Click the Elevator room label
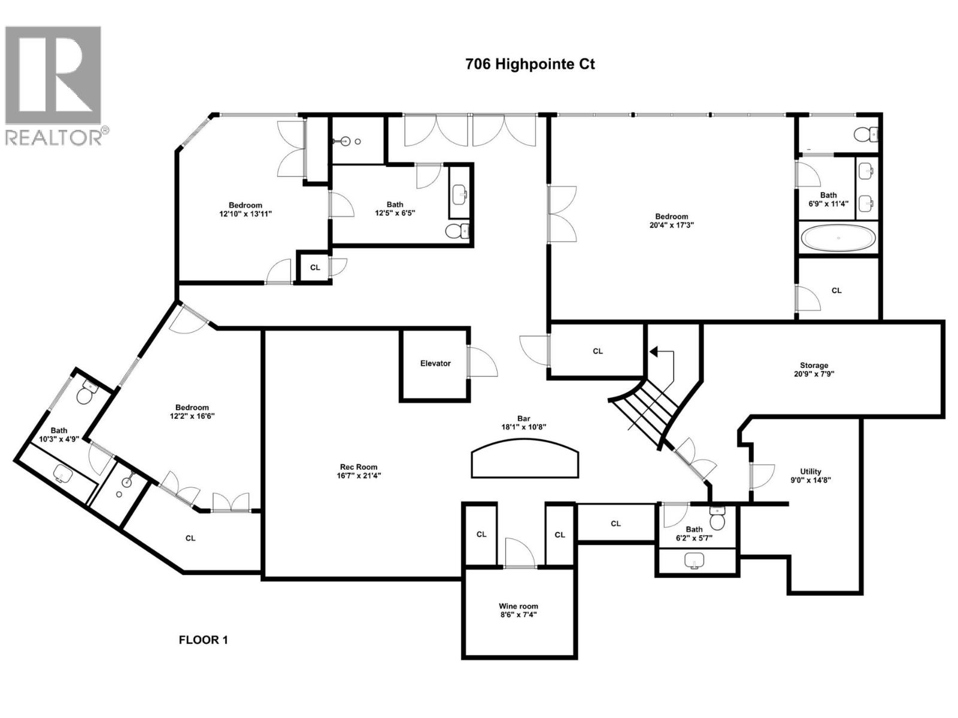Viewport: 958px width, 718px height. (435, 363)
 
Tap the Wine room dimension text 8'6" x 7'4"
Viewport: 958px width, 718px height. (519, 614)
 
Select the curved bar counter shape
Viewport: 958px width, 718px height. (525, 459)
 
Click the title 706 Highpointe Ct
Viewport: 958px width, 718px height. (530, 64)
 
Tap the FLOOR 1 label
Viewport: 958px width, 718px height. (203, 640)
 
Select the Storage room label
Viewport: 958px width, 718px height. (814, 365)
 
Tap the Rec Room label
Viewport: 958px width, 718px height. (358, 467)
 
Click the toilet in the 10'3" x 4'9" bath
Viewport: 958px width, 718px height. (86, 393)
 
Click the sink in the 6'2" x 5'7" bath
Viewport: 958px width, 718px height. (695, 561)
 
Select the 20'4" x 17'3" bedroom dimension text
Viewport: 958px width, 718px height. (672, 225)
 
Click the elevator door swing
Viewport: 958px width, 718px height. (482, 361)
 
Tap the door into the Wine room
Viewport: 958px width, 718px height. (520, 553)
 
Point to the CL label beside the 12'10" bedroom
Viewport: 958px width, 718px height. (315, 267)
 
